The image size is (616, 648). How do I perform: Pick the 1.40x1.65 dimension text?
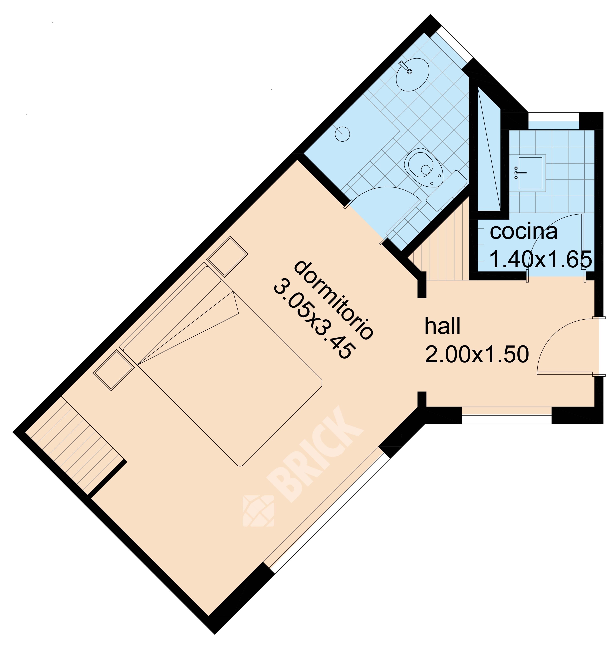click(x=541, y=259)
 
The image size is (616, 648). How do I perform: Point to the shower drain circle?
click(x=342, y=134)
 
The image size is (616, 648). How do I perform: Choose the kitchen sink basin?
click(x=530, y=173)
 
